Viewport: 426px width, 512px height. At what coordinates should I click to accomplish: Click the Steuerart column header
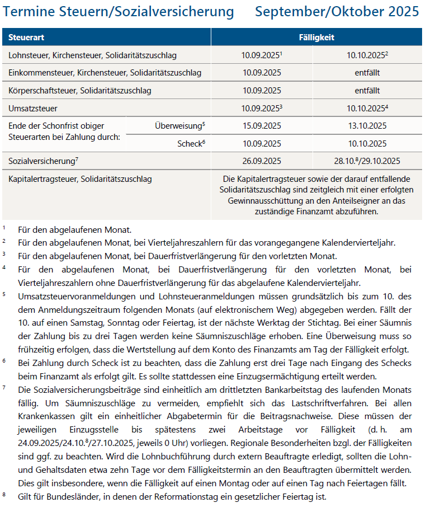[x=27, y=37]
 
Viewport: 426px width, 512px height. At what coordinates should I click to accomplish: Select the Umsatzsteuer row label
[x=33, y=108]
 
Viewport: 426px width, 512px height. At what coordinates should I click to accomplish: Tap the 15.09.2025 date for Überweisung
[x=262, y=126]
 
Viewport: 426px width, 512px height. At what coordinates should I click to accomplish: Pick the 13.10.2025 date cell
[x=367, y=126]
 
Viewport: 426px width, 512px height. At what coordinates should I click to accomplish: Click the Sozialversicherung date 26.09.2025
[x=262, y=161]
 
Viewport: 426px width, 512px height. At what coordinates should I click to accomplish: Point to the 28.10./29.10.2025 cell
[x=367, y=161]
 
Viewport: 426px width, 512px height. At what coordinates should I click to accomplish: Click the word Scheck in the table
[x=188, y=144]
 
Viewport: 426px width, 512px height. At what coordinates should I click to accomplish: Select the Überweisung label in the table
[x=178, y=126]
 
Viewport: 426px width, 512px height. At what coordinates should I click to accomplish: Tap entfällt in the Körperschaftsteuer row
[x=367, y=90]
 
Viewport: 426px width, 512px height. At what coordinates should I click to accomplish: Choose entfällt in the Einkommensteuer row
[x=367, y=73]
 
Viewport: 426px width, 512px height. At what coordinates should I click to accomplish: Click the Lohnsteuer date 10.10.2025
[x=366, y=55]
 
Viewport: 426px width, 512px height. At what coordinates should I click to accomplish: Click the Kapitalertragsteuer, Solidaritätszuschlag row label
[x=80, y=180]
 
